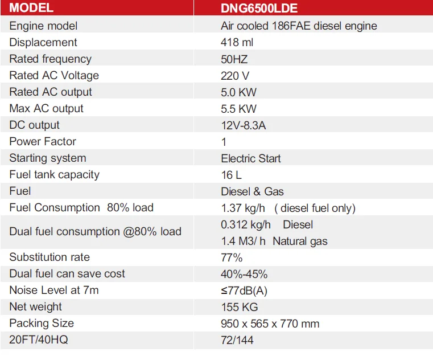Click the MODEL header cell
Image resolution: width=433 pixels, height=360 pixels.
tap(32, 9)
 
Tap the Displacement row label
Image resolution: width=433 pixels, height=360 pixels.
tap(43, 42)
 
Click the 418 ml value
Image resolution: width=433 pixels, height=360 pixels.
tap(237, 42)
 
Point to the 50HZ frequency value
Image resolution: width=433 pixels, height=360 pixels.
tap(234, 59)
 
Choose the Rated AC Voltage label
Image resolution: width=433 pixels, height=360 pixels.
tap(54, 75)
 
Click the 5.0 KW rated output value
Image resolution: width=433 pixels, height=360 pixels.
tap(238, 92)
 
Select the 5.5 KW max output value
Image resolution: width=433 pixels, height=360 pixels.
tap(238, 108)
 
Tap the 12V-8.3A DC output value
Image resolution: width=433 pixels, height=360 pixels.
tap(243, 125)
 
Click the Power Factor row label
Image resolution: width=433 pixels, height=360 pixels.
tap(43, 141)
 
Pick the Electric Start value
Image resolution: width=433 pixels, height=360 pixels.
tap(251, 158)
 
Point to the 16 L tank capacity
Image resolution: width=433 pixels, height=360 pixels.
tap(231, 175)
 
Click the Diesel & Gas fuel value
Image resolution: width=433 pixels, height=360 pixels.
tap(252, 191)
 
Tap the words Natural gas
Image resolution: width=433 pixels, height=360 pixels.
tap(300, 241)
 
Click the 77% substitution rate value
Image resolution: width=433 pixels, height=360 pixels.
tap(232, 257)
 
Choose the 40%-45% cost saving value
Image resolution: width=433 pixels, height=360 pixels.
tap(244, 274)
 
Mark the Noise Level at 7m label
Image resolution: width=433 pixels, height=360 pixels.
tap(54, 291)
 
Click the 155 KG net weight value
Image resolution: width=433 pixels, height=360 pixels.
tap(240, 307)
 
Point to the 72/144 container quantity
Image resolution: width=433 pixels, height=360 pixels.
tap(237, 340)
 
